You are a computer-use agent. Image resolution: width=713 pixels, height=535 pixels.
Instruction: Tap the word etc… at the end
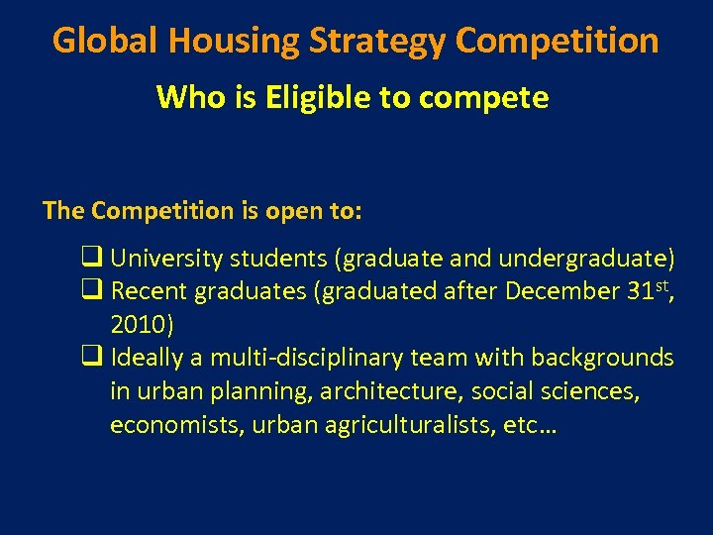(532, 425)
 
